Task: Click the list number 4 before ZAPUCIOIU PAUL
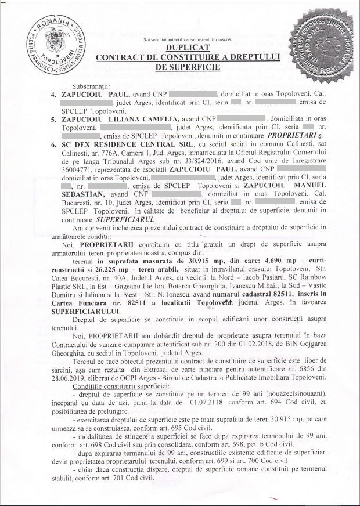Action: [54, 93]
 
